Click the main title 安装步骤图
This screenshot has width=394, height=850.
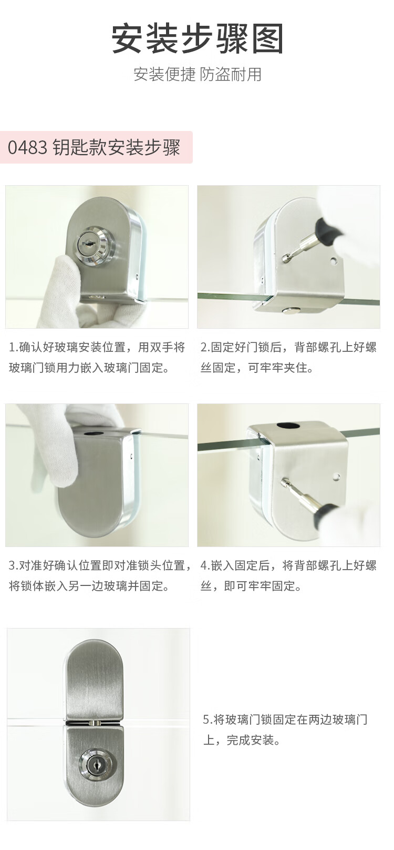pos(198,39)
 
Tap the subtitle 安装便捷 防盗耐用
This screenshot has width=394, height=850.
pos(198,74)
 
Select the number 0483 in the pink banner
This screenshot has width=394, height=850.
pos(27,148)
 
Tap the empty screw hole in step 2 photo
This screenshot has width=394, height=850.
pos(334,261)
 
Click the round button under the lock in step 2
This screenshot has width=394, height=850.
pos(291,310)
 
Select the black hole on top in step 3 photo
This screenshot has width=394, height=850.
pos(91,432)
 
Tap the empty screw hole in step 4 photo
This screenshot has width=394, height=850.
pos(337,477)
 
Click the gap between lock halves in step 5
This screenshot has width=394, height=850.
pos(93,723)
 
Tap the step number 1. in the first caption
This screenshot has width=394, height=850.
pos(14,347)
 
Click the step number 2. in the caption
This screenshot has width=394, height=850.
pos(205,347)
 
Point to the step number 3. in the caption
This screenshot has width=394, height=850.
pos(14,566)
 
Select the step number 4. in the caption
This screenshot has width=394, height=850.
pos(205,566)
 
